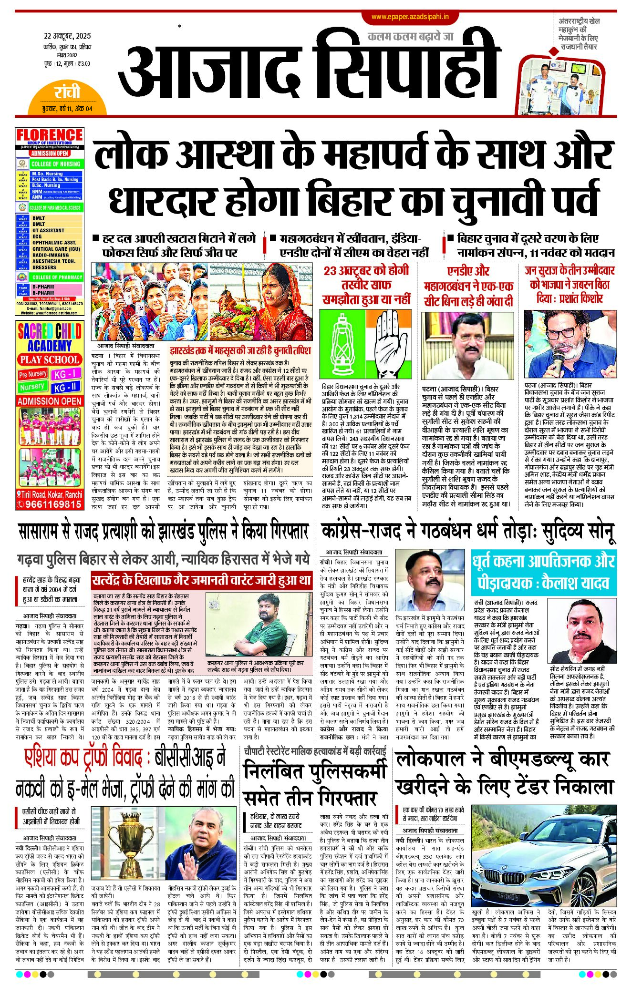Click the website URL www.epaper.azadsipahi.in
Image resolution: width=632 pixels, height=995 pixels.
point(410,17)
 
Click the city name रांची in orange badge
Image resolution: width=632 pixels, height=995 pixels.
point(67,92)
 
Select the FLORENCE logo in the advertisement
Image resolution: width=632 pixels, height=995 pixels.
point(50,135)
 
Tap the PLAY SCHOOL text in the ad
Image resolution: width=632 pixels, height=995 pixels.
point(50,359)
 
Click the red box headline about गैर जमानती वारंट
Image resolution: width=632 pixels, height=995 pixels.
point(201,581)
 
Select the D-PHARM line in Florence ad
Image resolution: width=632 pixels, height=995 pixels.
point(43,287)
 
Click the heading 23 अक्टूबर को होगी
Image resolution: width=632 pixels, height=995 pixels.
point(366,271)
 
